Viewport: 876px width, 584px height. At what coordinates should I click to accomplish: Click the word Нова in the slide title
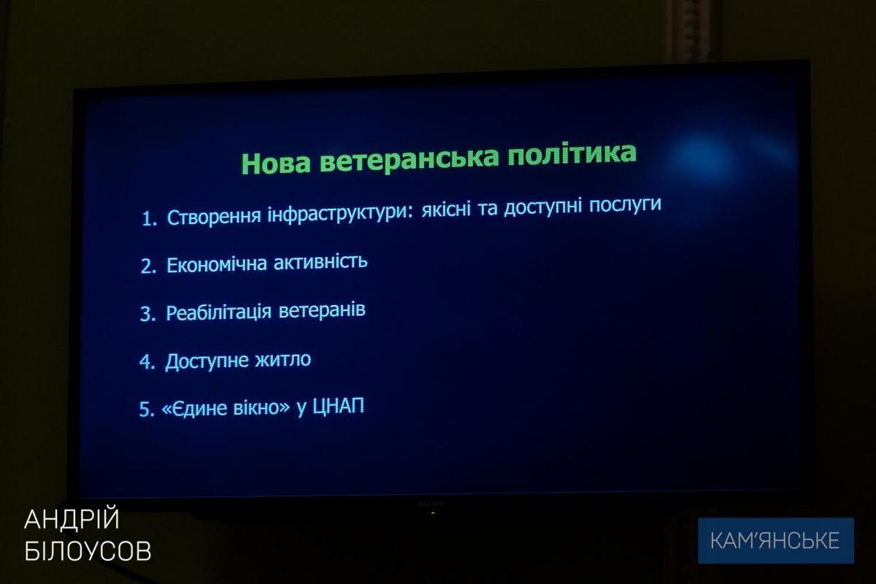[x=276, y=162]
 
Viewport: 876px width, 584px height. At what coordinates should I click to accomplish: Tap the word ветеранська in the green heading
[x=410, y=158]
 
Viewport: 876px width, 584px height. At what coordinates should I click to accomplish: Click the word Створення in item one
[x=214, y=216]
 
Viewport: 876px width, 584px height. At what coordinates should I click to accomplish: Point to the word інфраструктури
[x=340, y=214]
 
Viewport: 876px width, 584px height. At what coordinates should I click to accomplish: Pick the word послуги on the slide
[x=626, y=205]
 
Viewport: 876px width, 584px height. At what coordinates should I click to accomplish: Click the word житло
[x=283, y=359]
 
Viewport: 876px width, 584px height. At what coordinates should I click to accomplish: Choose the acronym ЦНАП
[x=338, y=406]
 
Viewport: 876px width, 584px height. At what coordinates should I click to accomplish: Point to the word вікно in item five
[x=261, y=407]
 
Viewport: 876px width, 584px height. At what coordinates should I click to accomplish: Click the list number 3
[x=147, y=314]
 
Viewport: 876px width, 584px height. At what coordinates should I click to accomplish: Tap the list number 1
[x=149, y=219]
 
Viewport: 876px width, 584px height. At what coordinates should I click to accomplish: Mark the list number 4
[x=147, y=362]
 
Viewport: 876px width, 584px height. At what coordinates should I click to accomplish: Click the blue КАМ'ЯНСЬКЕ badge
[x=776, y=541]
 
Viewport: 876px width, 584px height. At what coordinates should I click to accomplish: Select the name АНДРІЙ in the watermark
[x=72, y=519]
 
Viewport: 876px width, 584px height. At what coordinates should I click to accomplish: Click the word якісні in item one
[x=446, y=210]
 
